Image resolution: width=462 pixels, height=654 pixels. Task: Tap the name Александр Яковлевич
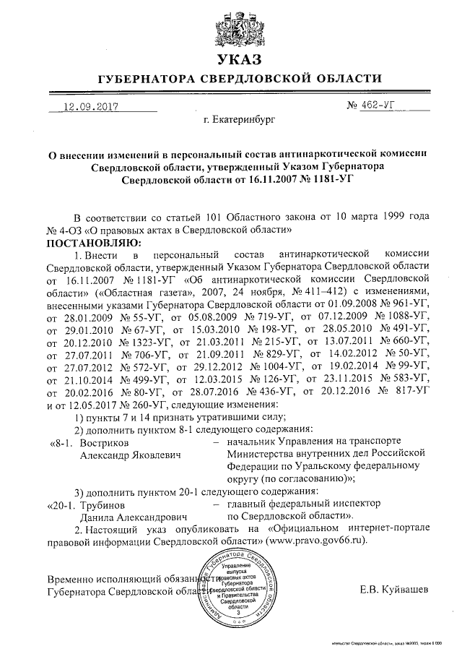coord(130,454)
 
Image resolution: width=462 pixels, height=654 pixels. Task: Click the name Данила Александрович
coord(133,517)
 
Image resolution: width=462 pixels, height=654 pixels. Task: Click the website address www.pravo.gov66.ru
coord(315,541)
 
